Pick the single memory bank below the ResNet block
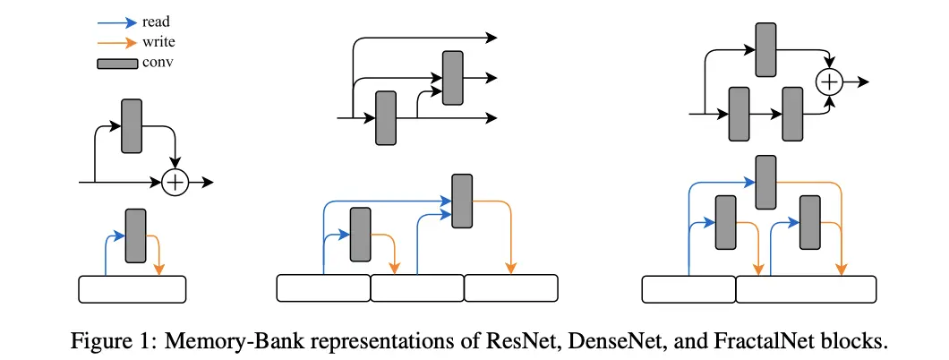point(133,288)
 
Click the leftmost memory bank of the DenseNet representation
point(323,287)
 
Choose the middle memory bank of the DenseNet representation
point(417,287)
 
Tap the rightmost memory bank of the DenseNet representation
point(510,287)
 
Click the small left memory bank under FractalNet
point(689,287)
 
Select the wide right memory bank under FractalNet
point(806,287)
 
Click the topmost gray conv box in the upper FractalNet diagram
point(765,49)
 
